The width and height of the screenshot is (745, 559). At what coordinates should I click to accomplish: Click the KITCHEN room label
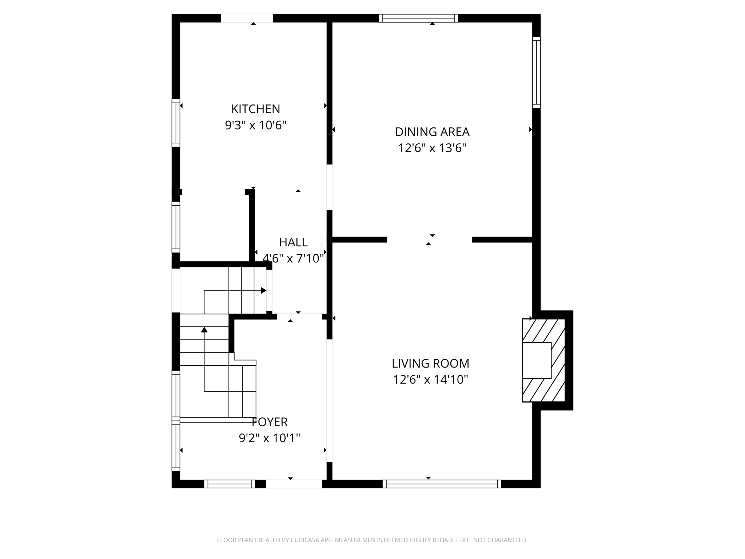tap(255, 109)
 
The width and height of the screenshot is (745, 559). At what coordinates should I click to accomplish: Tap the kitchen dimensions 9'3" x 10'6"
tap(255, 125)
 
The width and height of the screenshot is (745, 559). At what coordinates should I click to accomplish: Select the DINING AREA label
tap(432, 132)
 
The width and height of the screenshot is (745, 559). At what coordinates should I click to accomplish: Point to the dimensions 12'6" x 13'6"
tap(432, 148)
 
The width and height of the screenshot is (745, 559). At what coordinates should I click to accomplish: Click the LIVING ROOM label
tap(430, 363)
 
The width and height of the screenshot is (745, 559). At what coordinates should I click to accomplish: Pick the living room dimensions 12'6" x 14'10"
tap(430, 380)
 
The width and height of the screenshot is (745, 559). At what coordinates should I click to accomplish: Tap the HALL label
tap(293, 242)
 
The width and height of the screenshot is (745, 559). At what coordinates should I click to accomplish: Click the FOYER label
tap(270, 422)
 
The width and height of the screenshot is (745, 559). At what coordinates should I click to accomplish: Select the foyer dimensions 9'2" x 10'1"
tap(270, 438)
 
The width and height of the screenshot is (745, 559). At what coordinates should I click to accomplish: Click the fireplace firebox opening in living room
tap(537, 360)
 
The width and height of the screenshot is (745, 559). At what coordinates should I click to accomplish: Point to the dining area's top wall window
tap(418, 18)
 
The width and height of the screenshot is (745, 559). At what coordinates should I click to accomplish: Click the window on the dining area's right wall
tap(536, 72)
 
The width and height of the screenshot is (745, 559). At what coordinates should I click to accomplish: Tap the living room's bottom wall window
tap(442, 484)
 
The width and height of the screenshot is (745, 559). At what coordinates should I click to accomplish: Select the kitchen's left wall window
tap(176, 123)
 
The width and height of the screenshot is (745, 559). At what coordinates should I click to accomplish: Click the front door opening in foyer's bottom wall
tap(294, 484)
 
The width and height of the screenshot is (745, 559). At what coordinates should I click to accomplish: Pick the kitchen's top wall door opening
tap(247, 18)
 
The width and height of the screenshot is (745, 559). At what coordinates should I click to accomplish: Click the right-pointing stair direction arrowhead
tap(264, 290)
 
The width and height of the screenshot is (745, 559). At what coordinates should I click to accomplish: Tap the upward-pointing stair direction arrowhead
tap(204, 330)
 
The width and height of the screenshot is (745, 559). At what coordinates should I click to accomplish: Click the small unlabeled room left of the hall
tap(215, 228)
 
